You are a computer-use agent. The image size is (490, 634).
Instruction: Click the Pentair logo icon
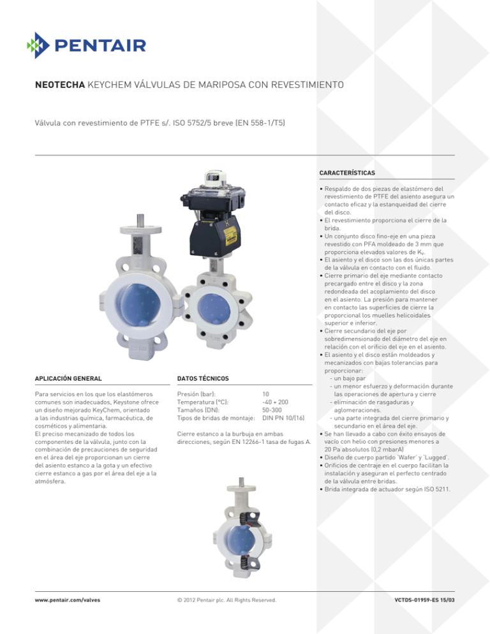[x=38, y=45]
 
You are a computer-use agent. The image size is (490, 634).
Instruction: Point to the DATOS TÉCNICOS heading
[x=203, y=379]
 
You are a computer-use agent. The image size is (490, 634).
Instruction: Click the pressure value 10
[x=266, y=395]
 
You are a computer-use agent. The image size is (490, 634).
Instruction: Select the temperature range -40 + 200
[x=276, y=402]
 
